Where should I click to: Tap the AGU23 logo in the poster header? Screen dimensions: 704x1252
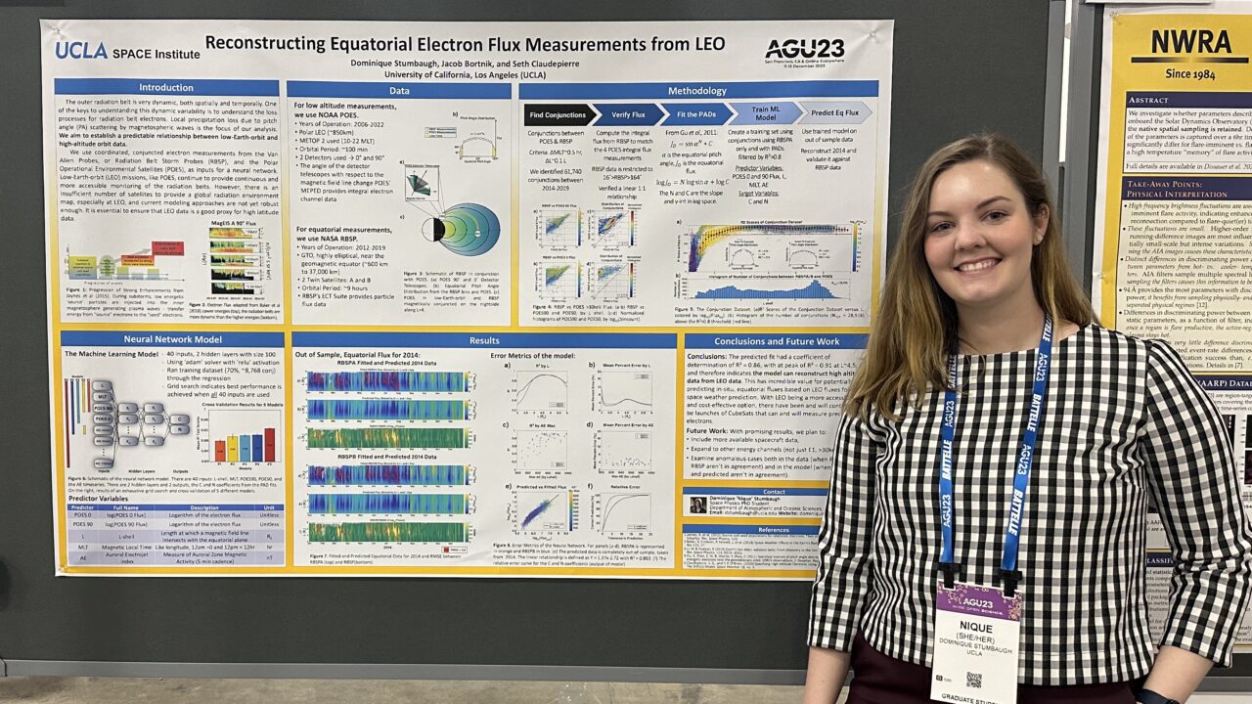804,49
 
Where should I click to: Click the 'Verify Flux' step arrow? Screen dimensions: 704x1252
627,114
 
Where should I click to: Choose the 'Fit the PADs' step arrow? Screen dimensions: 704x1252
693,114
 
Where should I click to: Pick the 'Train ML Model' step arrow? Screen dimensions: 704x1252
764,114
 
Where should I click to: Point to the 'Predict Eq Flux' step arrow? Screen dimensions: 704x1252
834,114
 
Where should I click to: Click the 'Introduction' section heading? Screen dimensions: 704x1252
166,87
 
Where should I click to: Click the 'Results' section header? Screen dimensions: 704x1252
484,340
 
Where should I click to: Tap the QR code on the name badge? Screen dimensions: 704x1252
973,679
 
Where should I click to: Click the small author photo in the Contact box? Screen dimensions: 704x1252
698,505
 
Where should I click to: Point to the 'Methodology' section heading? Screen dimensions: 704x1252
696,90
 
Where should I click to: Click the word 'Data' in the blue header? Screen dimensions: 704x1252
399,89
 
